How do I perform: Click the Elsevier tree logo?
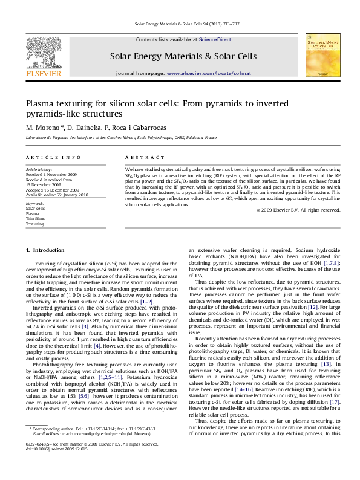coord(43,52)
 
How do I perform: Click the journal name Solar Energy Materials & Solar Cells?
coord(180,56)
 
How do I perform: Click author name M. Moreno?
coord(44,128)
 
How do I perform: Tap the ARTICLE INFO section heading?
coord(53,158)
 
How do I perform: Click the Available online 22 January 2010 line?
coord(57,195)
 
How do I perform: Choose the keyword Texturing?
coord(34,224)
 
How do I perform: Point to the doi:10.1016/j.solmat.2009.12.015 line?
coord(56,466)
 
